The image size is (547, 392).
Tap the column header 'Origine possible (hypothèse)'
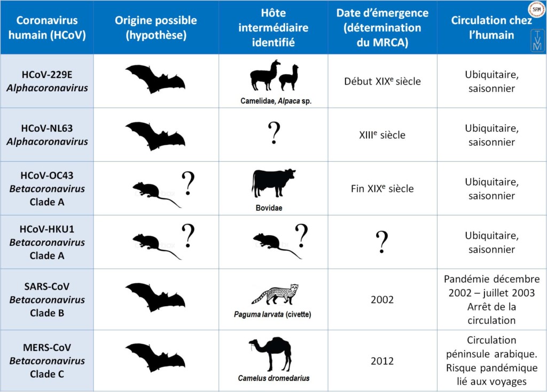(156, 28)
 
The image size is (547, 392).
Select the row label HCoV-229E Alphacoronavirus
(47, 81)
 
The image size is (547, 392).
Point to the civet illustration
(274, 294)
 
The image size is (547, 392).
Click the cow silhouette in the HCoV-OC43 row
(273, 183)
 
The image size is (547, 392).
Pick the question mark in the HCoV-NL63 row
(273, 133)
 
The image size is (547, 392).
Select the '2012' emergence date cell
(382, 361)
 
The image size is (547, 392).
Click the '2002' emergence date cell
(382, 299)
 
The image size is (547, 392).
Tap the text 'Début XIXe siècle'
(382, 82)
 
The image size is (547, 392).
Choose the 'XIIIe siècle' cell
(382, 135)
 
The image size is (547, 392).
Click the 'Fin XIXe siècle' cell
(382, 188)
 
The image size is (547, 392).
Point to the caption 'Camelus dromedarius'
(273, 379)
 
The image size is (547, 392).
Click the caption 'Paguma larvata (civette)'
(272, 314)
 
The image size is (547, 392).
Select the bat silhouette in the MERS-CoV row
(155, 357)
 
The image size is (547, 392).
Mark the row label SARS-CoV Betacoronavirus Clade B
(47, 299)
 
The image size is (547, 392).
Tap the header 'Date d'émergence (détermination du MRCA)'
(382, 28)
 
